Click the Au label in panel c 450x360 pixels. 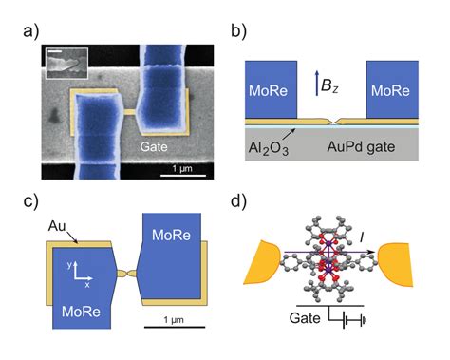point(58,227)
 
